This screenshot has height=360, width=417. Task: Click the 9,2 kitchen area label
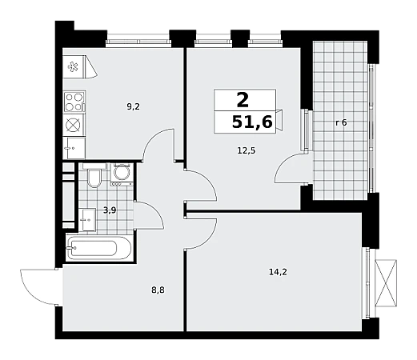(133, 107)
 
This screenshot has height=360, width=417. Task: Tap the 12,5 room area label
(247, 150)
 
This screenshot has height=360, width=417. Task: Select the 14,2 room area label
(278, 272)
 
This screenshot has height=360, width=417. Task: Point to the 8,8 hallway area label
(158, 290)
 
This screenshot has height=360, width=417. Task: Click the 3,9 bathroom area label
(110, 210)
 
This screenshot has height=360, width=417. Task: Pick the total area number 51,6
(252, 122)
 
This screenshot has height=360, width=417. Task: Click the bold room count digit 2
(243, 100)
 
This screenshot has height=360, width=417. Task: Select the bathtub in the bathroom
(98, 248)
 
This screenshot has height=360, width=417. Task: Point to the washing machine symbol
(122, 174)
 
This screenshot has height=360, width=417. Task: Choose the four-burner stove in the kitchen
(74, 102)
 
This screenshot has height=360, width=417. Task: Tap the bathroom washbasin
(89, 220)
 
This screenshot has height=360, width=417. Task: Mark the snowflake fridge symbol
(73, 66)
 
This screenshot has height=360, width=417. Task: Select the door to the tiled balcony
(292, 168)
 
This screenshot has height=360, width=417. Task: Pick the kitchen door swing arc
(158, 145)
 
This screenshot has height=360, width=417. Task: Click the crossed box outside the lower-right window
(386, 283)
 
